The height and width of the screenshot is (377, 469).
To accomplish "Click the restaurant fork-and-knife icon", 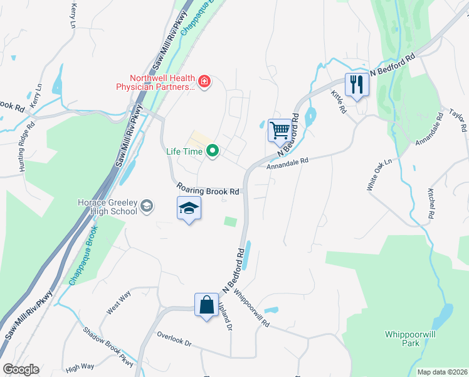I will [x=357, y=85].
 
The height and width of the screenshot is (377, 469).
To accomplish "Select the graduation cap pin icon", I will [x=188, y=209].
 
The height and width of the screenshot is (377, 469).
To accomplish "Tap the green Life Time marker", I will [x=213, y=150].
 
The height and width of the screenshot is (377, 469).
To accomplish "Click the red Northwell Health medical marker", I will [x=204, y=81].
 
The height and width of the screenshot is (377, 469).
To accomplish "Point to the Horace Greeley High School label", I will [x=107, y=207].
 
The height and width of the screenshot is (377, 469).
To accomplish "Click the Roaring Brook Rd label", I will [x=208, y=188].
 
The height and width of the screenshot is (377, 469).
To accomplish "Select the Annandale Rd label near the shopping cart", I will [x=288, y=161].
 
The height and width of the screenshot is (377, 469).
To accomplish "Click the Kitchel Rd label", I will [x=431, y=203].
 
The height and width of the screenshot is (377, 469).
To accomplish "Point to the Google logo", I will [x=21, y=369].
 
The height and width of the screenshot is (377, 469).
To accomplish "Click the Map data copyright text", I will [x=442, y=372].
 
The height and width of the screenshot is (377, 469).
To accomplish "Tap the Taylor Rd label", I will [x=458, y=119].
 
